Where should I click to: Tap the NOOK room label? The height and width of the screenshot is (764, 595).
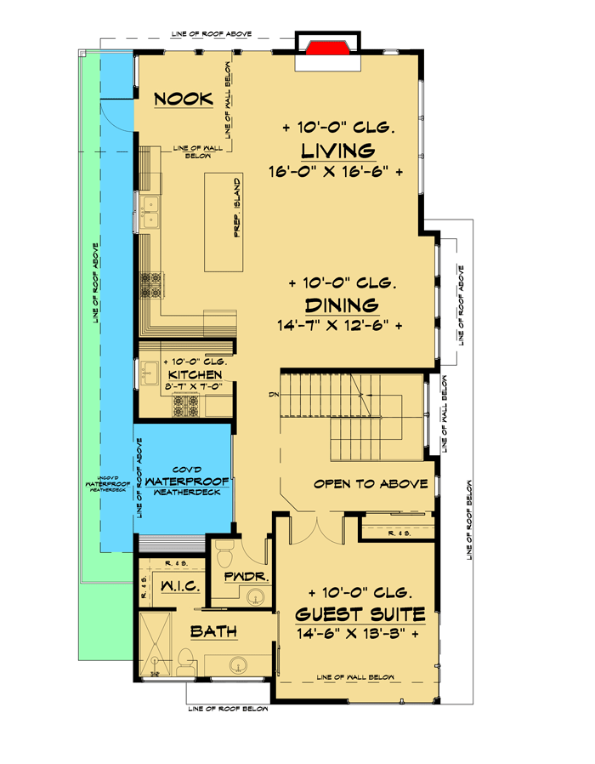(183, 100)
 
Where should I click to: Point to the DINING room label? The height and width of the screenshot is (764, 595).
(340, 305)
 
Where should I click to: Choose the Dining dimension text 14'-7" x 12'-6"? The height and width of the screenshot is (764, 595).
(338, 325)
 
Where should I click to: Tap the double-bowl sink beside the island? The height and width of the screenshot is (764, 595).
(152, 213)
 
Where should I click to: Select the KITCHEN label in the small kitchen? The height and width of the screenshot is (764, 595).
(195, 374)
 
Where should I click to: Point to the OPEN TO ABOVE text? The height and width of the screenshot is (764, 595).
(370, 484)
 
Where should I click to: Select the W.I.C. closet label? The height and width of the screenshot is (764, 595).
(178, 585)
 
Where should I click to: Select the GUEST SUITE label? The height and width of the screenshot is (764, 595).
(361, 613)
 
